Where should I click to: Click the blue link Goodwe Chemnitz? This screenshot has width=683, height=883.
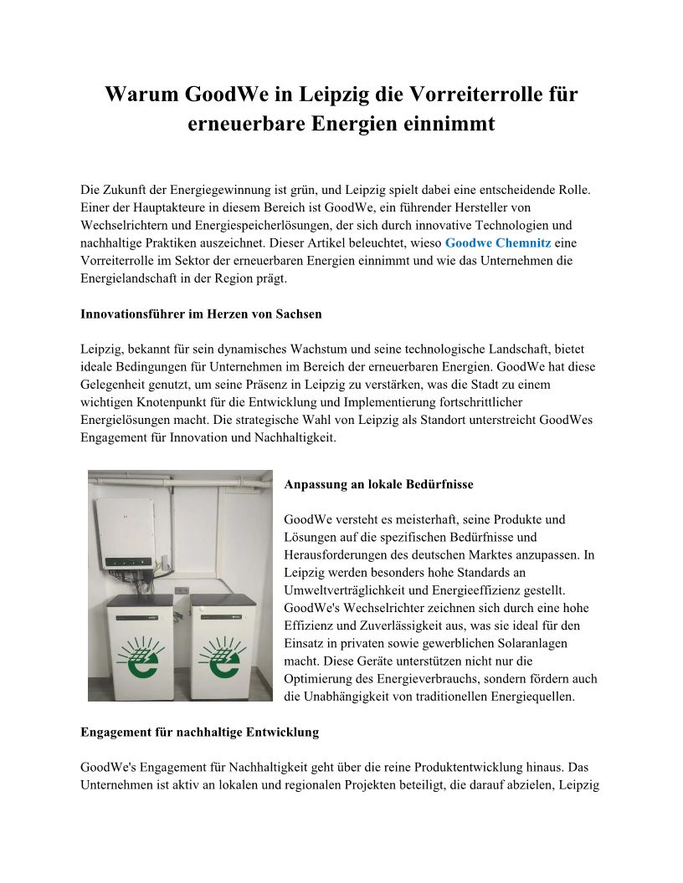(497, 242)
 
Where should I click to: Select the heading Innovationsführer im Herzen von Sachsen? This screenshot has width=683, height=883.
(201, 314)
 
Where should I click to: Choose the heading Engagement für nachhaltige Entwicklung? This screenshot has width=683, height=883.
(199, 732)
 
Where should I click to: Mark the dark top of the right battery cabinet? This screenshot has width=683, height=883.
(222, 600)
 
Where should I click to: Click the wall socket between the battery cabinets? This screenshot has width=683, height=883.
(181, 590)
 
